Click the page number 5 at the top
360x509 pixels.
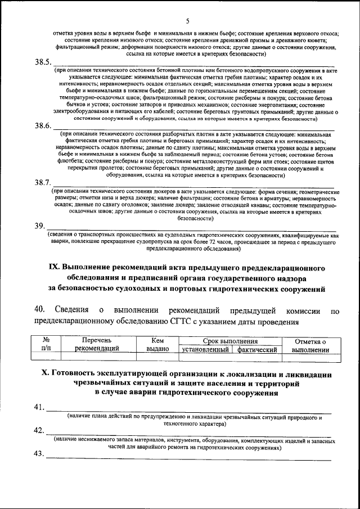[187, 21]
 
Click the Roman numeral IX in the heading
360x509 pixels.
[54, 267]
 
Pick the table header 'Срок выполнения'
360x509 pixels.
[230, 341]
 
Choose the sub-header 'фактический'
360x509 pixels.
[257, 349]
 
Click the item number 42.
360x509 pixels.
[39, 431]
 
